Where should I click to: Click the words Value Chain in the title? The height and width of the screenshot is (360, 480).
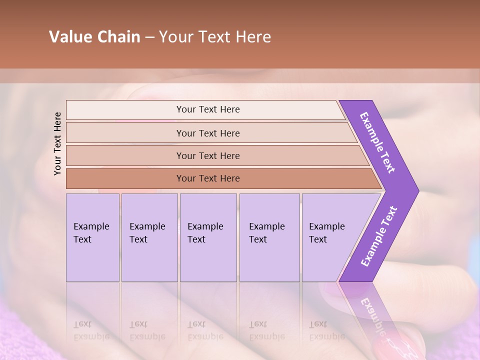[x=94, y=37]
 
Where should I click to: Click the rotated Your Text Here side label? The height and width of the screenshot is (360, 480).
[x=57, y=143]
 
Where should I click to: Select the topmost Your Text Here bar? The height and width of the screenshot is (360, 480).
[x=208, y=109]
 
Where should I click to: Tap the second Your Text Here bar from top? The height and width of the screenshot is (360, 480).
[x=208, y=133]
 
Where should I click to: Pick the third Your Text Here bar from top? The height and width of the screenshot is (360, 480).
[x=208, y=155]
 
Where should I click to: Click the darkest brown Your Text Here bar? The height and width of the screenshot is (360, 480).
[x=208, y=178]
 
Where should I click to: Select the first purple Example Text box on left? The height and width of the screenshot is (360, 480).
[x=92, y=237]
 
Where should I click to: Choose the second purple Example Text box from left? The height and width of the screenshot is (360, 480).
[x=149, y=237]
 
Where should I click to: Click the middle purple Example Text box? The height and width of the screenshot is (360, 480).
[x=208, y=237]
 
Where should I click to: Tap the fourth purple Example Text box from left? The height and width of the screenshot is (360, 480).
[x=269, y=237]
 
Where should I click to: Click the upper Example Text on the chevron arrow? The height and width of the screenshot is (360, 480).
[x=378, y=142]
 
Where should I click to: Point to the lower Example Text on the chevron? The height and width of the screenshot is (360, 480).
[x=379, y=236]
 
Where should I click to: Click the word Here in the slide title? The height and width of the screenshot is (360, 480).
[x=253, y=37]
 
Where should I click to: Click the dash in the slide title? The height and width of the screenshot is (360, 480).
[x=149, y=37]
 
